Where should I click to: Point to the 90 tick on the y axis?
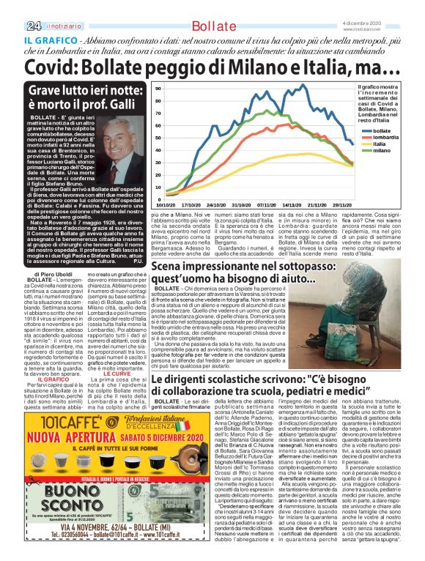(x=158, y=88)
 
